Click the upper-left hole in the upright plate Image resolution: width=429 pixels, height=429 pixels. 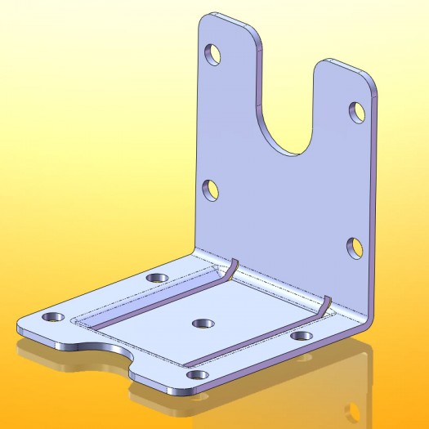pos(214,55)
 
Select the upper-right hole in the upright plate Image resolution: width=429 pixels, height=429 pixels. pos(357,112)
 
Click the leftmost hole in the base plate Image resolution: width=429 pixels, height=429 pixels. pos(55,316)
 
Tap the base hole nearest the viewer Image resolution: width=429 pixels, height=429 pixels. pos(196,375)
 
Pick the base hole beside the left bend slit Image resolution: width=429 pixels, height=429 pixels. pos(158,278)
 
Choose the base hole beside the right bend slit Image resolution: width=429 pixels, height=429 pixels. pos(302,335)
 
